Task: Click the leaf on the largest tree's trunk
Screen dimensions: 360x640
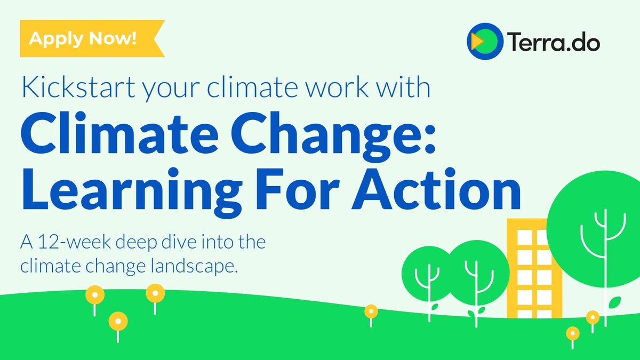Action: click(615, 302)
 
